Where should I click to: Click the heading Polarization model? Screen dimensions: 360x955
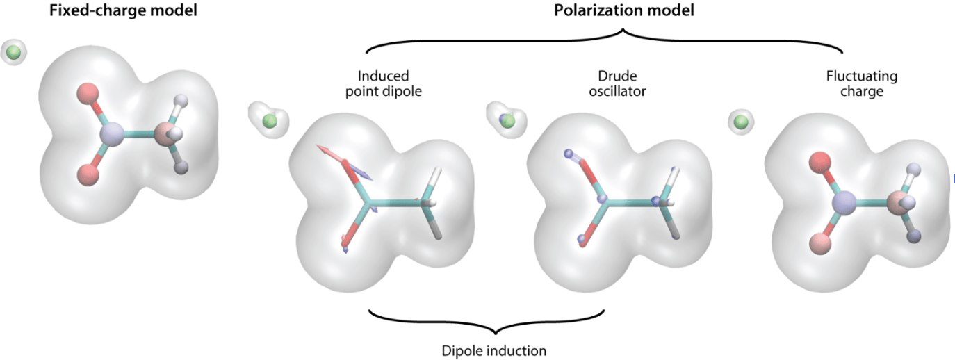(x=605, y=11)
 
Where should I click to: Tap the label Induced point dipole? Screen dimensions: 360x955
(x=383, y=83)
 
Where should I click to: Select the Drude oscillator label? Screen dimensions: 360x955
(x=621, y=83)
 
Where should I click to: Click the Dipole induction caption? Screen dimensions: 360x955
(x=493, y=350)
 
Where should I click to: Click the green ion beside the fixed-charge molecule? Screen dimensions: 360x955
(x=13, y=51)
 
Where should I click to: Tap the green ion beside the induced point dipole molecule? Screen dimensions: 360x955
(x=270, y=122)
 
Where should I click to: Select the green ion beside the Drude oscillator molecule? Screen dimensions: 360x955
(x=508, y=122)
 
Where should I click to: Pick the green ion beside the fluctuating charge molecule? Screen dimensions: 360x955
(x=742, y=122)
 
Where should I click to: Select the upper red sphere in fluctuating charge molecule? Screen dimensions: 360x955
(x=821, y=163)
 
